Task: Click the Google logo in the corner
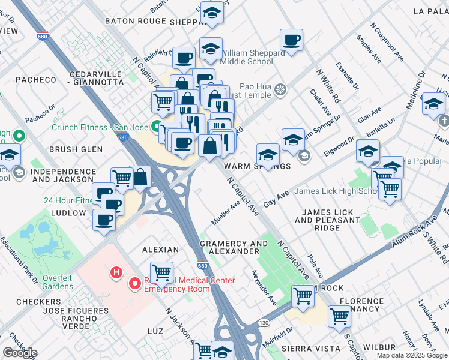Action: [20, 353]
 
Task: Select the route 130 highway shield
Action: [263, 323]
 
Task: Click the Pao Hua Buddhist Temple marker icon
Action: [280, 91]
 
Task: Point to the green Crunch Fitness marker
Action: [156, 127]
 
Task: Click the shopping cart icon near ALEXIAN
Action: [161, 273]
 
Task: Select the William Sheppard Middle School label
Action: [253, 57]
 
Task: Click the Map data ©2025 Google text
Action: [411, 355]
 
